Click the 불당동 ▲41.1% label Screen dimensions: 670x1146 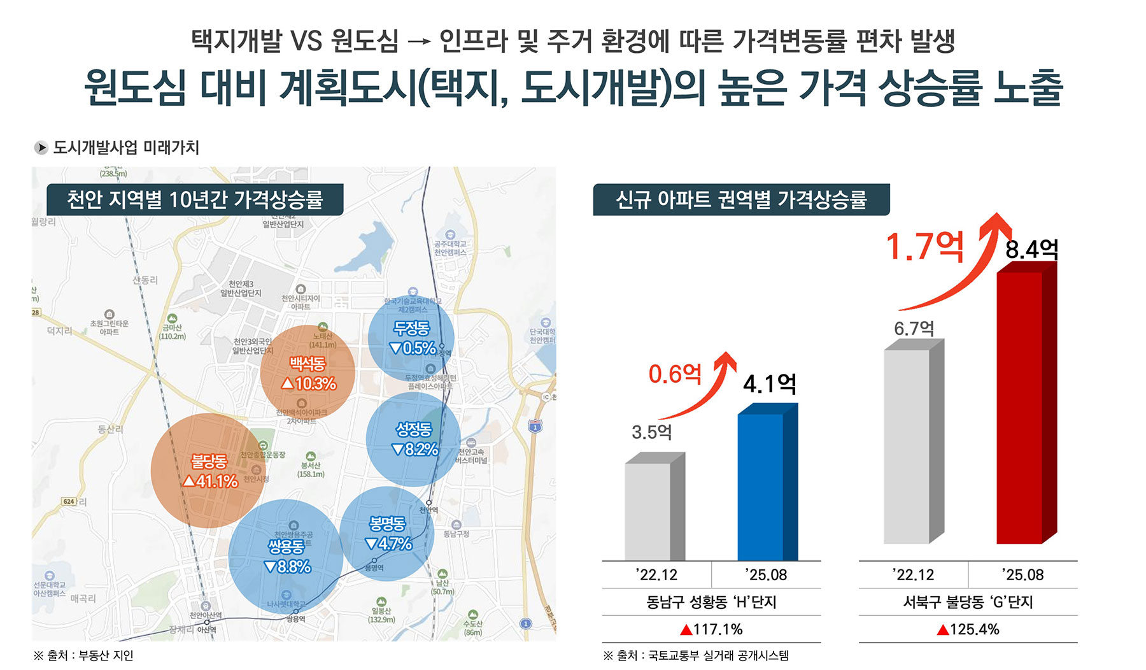(209, 471)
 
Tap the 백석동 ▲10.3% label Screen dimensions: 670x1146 (308, 373)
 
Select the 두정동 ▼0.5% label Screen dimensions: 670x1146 (412, 338)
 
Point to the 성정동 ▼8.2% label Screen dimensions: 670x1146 (414, 439)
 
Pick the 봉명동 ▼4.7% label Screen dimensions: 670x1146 (388, 534)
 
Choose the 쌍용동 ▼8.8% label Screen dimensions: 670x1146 (287, 556)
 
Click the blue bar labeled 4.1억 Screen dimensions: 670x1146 (761, 487)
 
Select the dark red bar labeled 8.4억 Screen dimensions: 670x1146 (1020, 408)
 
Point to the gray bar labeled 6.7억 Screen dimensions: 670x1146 (907, 446)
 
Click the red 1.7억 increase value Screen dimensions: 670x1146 (924, 246)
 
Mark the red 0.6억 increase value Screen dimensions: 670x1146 (675, 374)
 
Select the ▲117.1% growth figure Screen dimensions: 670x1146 (711, 629)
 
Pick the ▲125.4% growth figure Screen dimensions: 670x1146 (968, 629)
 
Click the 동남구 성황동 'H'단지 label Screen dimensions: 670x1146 (711, 602)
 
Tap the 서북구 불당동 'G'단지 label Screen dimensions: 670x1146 (968, 602)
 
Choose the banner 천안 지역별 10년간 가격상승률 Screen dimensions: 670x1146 (195, 200)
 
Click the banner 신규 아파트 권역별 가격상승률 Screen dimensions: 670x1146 (741, 200)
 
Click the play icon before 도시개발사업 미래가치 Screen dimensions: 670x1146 (41, 148)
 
